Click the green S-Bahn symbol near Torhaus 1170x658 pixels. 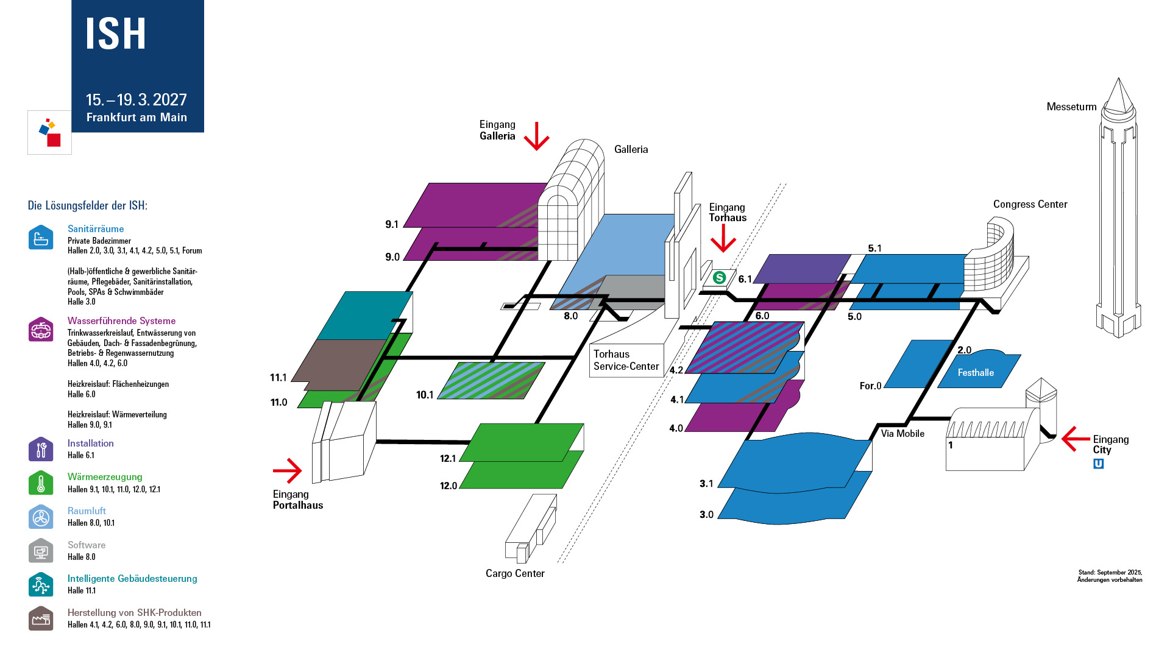(720, 278)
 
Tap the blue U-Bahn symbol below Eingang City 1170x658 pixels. (1098, 464)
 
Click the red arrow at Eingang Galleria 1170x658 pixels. (536, 136)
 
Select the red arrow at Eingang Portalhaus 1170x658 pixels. (288, 470)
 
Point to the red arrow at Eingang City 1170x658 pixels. (1075, 439)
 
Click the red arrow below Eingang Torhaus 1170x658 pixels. (723, 238)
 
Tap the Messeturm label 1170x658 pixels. (1071, 107)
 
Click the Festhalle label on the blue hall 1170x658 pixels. (976, 373)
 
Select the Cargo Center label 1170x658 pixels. (515, 573)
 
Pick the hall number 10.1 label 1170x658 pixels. (425, 395)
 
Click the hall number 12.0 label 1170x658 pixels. (448, 486)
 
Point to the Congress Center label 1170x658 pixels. (1030, 204)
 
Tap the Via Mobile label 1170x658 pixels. (902, 434)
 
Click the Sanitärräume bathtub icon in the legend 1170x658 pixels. (41, 238)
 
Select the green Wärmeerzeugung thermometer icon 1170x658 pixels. (41, 483)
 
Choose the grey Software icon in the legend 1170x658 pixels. (41, 551)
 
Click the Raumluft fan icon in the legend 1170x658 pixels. (41, 517)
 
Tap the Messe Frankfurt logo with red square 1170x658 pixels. (49, 132)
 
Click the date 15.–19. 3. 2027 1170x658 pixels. (136, 100)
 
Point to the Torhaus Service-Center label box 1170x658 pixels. (626, 360)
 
